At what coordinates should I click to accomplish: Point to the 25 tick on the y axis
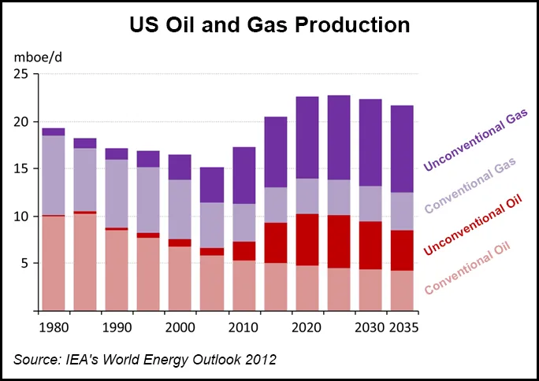coord(22,74)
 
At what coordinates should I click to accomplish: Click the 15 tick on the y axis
coord(22,168)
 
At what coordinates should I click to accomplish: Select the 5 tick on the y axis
coord(25,263)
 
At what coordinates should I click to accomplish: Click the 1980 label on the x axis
coord(53,326)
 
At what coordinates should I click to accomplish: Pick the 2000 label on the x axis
coord(180,326)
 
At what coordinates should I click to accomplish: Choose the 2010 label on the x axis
coord(243,326)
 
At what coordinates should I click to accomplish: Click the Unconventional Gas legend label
coord(475,140)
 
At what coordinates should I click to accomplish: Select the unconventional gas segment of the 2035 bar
coord(402,149)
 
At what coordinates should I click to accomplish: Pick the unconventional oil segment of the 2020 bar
coord(307,239)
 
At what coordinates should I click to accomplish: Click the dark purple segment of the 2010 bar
coord(243,175)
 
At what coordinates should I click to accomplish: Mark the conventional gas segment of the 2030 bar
coord(370,204)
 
